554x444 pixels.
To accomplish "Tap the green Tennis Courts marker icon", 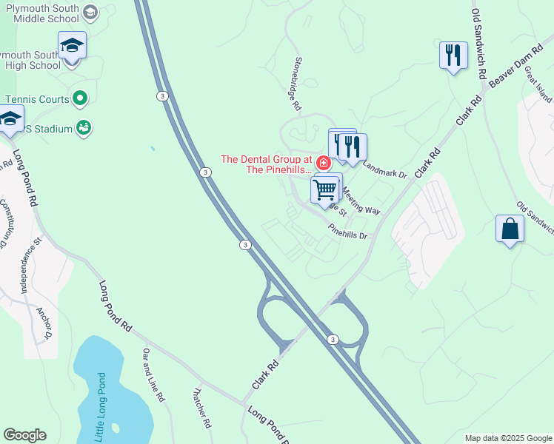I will [x=81, y=98].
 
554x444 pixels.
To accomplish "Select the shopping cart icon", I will [x=326, y=189].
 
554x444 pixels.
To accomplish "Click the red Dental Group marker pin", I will [x=323, y=162].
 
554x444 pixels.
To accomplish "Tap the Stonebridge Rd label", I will [x=298, y=84].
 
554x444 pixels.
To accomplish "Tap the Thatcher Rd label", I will [x=202, y=409].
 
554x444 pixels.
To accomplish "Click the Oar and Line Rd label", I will [x=153, y=374].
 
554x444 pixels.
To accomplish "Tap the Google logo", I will [x=24, y=435].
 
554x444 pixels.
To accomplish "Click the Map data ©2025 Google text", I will [x=507, y=438].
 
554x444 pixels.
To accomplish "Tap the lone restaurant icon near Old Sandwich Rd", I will [x=453, y=55].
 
